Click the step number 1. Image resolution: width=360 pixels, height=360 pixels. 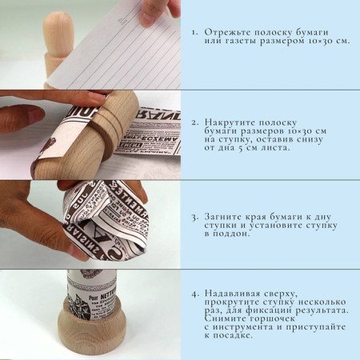coord(195,33)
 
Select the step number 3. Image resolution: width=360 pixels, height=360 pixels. coord(195,216)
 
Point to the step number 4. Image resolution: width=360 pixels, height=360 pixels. coord(195,294)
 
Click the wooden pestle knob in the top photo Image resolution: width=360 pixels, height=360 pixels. coord(60,31)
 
